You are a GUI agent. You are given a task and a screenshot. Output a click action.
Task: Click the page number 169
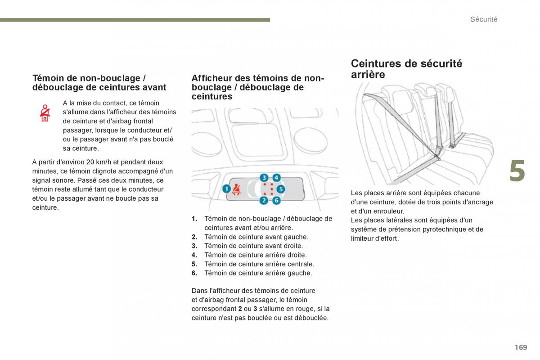(521, 347)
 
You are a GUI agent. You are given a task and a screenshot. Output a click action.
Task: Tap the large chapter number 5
(517, 172)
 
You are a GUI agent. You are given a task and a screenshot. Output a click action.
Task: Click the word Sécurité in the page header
(484, 19)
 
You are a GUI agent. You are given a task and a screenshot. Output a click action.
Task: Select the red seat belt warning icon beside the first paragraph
(45, 113)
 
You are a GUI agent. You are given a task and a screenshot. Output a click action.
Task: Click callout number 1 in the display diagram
(226, 189)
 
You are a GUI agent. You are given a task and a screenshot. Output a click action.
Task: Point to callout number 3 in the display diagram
(264, 178)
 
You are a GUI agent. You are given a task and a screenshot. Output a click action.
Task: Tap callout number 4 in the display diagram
(276, 178)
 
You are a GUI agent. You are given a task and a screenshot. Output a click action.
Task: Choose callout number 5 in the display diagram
(280, 189)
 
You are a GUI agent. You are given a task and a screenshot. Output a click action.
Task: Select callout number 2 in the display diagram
(264, 200)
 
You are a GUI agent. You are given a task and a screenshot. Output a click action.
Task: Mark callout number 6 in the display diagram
(276, 200)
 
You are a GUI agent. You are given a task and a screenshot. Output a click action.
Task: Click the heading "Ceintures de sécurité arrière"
(406, 69)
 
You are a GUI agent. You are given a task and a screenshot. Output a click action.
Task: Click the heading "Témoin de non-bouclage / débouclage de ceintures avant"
(99, 83)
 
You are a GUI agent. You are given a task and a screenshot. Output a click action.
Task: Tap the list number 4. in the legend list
(194, 255)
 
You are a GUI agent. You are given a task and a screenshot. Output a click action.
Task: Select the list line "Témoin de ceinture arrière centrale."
(259, 264)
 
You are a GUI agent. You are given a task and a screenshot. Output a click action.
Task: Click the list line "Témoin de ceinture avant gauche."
(256, 237)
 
